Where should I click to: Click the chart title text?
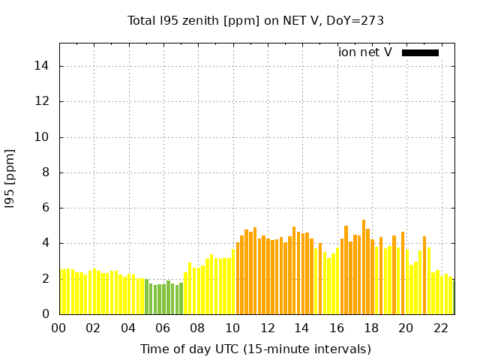[x=256, y=20]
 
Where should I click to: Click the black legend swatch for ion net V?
[x=420, y=52]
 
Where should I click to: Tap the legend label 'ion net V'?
[x=365, y=52]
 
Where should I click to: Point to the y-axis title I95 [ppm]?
[x=10, y=178]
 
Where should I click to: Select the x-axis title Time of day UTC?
[x=256, y=349]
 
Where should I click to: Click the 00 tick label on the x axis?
[x=58, y=328]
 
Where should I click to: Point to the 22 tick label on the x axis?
[x=441, y=328]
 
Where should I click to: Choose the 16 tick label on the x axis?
[x=337, y=328]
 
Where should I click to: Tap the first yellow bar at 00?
[x=61, y=292]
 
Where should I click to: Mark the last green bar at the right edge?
[x=453, y=297]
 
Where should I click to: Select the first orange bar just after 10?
[x=238, y=278]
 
